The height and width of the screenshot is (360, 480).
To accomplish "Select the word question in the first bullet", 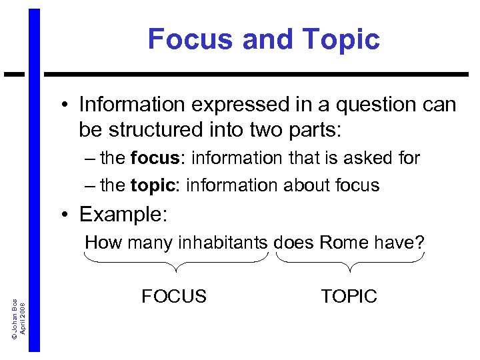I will [367, 105].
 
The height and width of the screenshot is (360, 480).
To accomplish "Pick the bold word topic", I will [154, 185].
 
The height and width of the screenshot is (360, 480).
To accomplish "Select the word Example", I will [123, 215].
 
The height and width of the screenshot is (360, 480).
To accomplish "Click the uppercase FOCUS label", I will [174, 297].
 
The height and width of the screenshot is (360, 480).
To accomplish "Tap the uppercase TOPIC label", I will [349, 297].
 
